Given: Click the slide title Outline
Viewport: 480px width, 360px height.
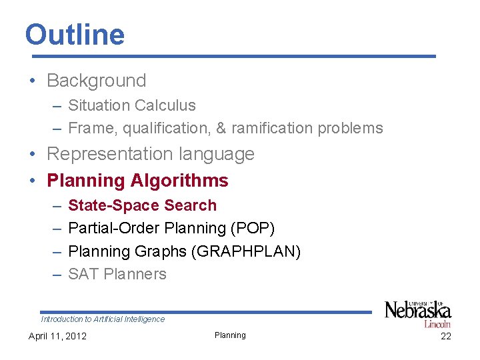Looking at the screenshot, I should (x=75, y=35).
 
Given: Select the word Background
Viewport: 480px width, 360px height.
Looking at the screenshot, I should (x=96, y=81).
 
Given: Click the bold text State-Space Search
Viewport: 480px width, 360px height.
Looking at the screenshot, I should (x=142, y=205).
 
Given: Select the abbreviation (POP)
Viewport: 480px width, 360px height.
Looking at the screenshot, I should (x=252, y=229).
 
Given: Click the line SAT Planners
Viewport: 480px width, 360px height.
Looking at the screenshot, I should (x=117, y=274).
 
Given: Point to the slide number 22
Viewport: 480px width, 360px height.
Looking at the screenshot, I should (x=446, y=336).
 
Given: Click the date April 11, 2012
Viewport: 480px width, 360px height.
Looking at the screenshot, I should (x=57, y=336).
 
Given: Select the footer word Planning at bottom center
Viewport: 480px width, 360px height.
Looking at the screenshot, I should (x=230, y=335).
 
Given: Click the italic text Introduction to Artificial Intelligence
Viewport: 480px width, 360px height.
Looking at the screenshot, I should (x=103, y=319).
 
